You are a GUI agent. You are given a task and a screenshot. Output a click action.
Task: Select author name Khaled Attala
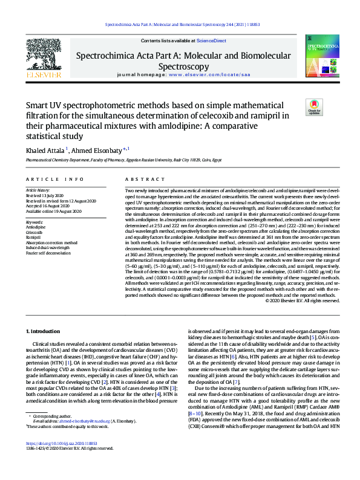click(x=46, y=150)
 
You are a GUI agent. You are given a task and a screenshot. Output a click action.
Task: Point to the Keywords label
click(x=34, y=222)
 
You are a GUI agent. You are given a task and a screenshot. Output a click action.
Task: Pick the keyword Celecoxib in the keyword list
click(x=34, y=232)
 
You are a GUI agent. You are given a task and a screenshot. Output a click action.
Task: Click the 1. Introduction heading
click(x=46, y=332)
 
